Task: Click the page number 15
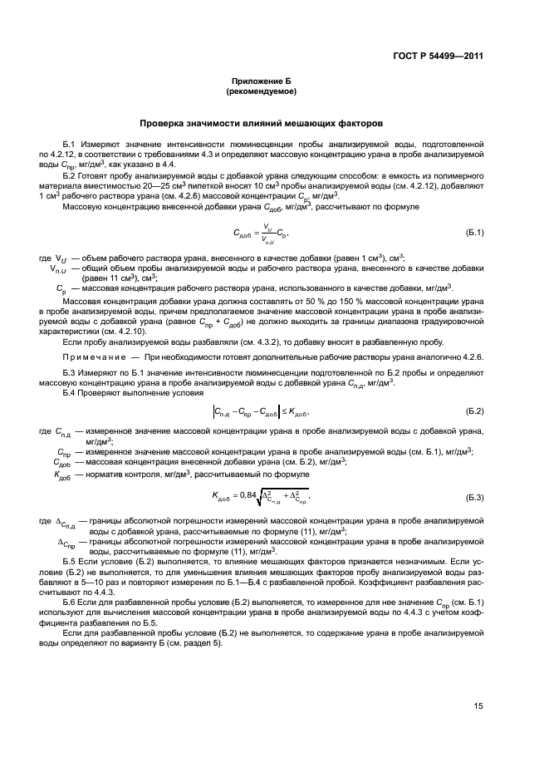pos(478,708)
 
